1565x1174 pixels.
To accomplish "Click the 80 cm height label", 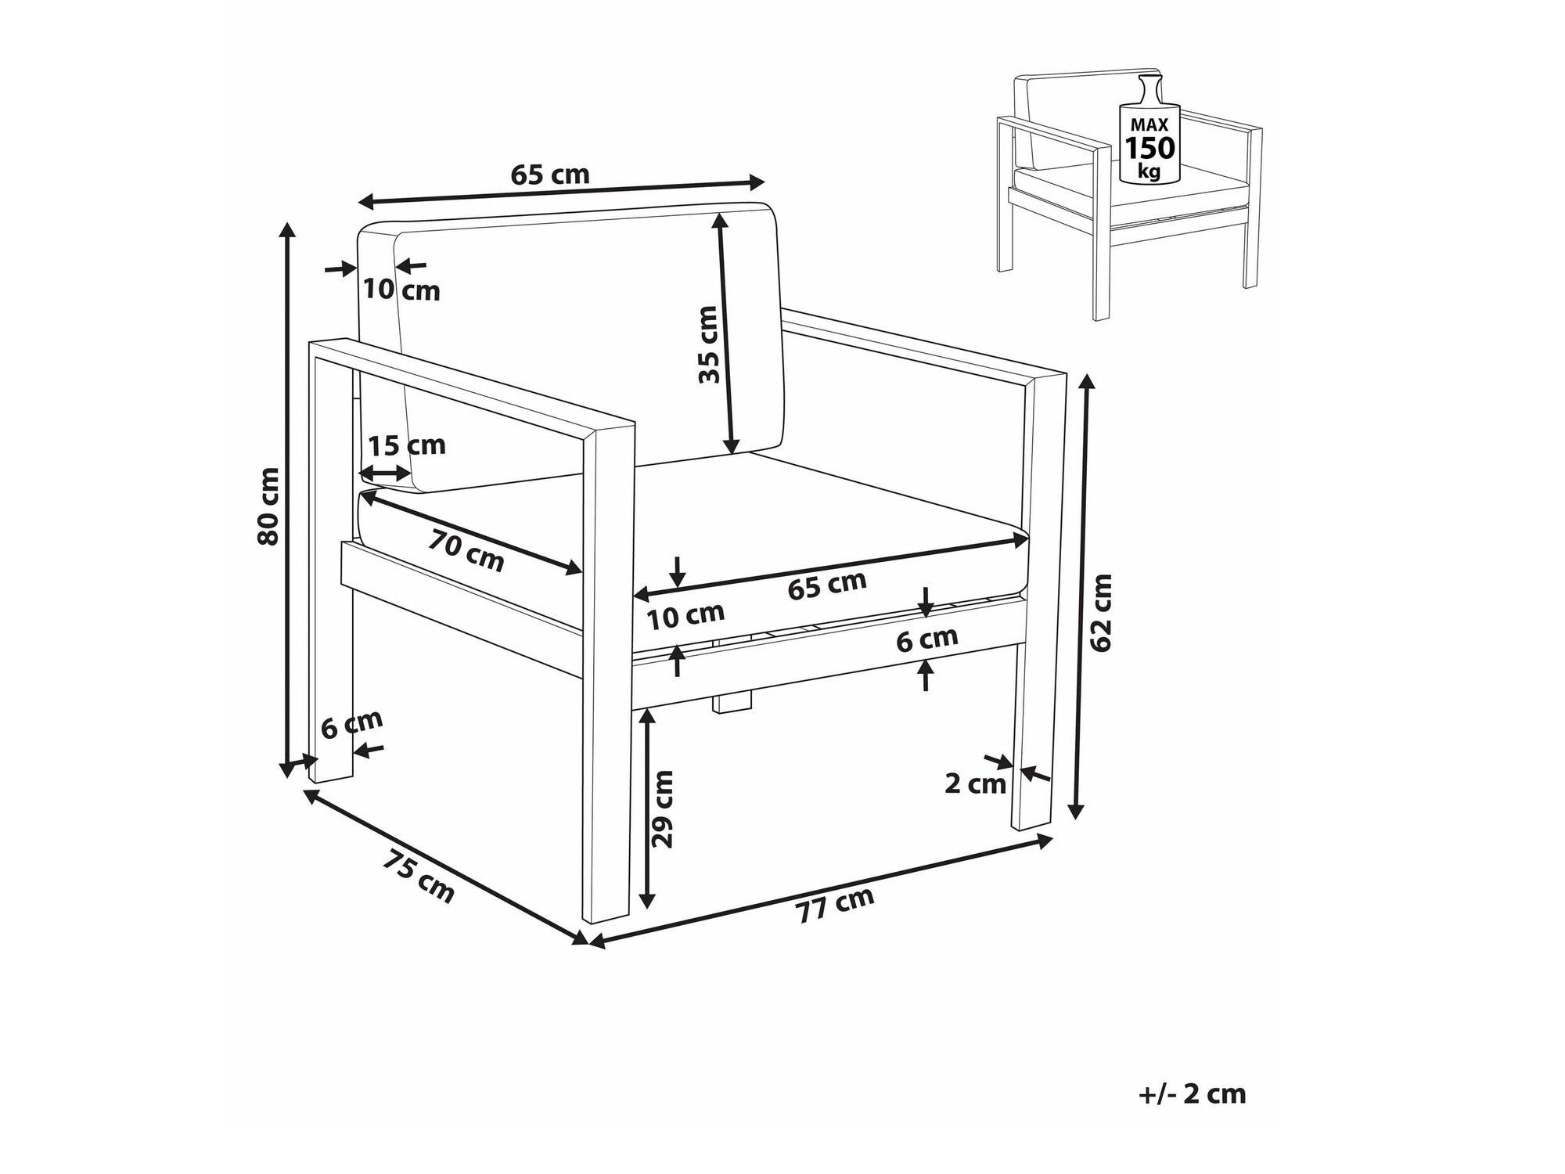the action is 268,506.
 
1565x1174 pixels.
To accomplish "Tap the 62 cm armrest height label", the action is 1101,612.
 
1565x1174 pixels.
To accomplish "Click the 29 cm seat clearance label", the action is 663,808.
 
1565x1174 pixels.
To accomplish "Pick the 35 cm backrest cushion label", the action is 708,344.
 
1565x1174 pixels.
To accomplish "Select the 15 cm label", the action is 407,445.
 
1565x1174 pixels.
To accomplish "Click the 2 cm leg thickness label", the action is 975,783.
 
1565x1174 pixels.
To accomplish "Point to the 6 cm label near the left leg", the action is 352,724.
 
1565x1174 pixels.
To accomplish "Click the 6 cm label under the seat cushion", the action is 927,639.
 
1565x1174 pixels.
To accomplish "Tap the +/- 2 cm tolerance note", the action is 1192,1094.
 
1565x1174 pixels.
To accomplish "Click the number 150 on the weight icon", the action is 1149,147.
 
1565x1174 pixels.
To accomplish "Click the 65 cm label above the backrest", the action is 550,175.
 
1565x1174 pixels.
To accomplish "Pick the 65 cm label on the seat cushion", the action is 827,584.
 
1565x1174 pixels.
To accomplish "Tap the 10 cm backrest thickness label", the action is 401,290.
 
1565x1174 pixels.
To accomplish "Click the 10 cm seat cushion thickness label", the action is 685,616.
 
